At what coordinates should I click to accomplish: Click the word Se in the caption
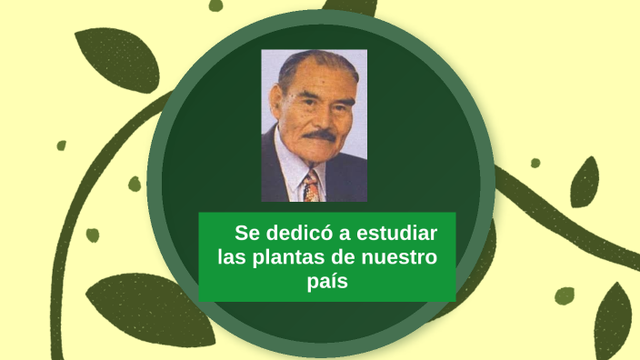point(247,233)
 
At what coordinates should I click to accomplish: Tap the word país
point(327,282)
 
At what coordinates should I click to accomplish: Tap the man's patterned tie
point(311,185)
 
